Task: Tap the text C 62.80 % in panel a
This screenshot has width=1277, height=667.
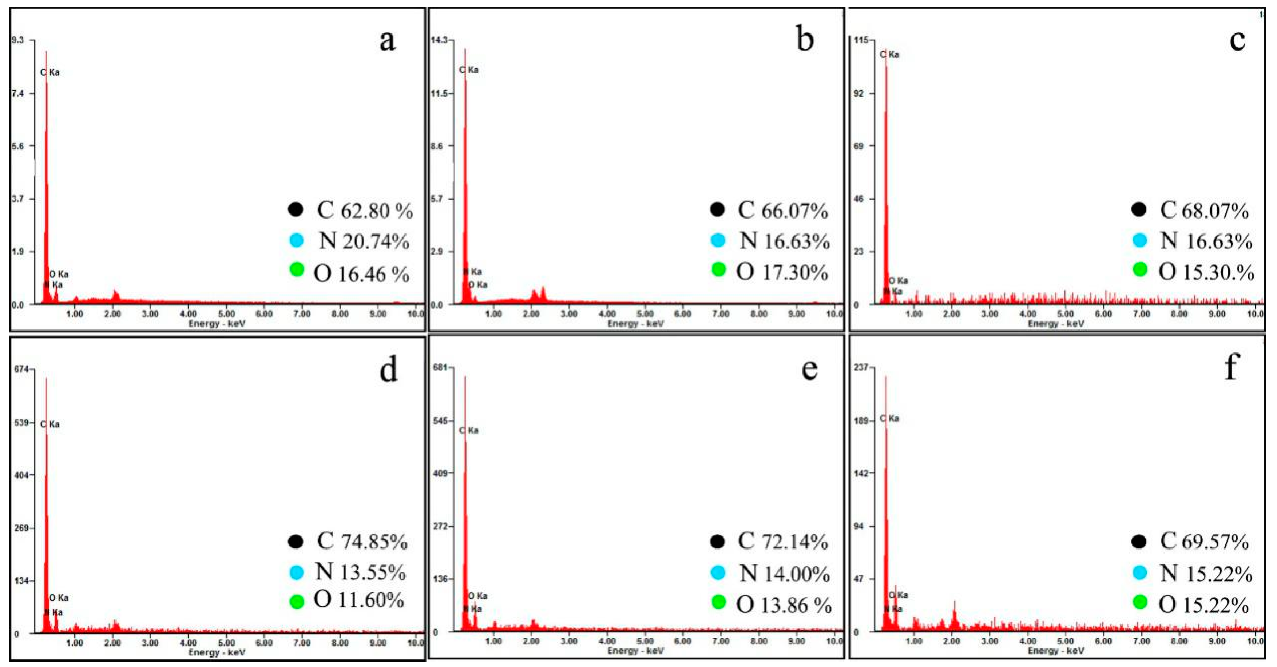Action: coord(364,210)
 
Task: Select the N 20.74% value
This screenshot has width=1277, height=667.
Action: coord(364,241)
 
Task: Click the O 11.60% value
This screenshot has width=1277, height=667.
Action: coord(360,600)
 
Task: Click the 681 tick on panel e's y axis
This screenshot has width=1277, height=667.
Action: coord(440,367)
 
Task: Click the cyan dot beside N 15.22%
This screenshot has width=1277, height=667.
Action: coord(1140,573)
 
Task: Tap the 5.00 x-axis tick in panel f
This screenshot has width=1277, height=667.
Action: coord(1065,641)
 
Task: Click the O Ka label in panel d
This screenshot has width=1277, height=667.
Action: coord(59,598)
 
